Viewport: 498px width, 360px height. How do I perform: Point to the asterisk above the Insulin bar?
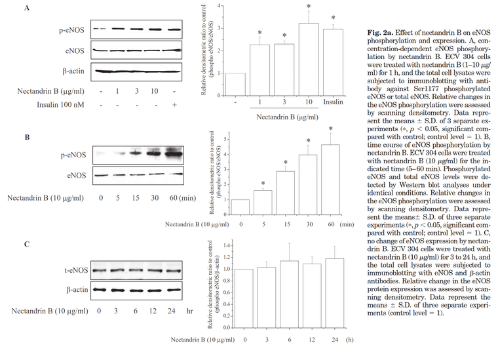(333, 18)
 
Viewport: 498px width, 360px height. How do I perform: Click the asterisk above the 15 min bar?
(285, 163)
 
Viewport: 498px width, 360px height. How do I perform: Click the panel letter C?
(26, 245)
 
